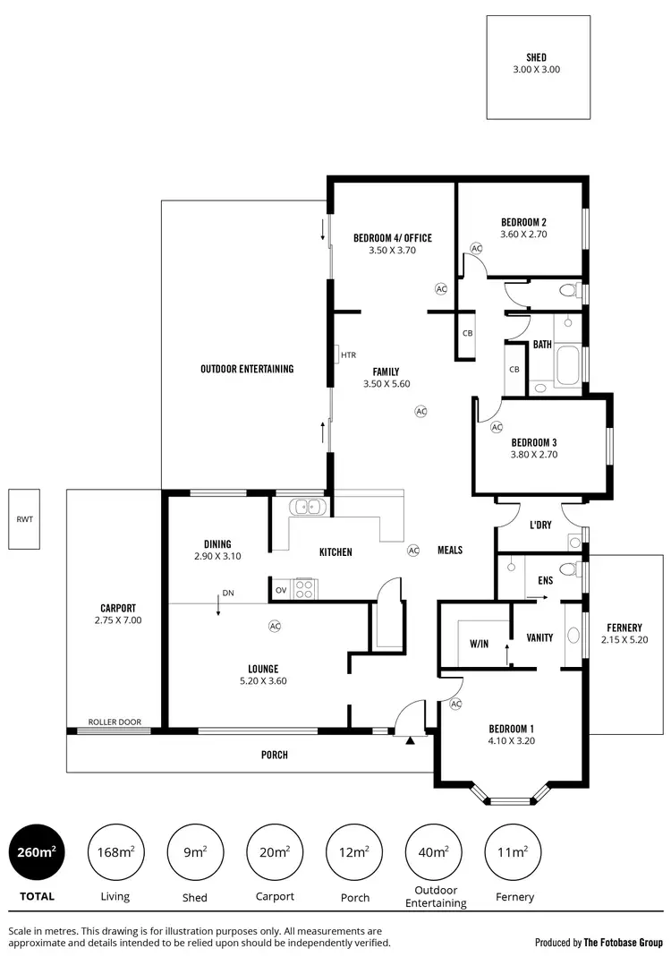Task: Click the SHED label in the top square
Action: click(537, 57)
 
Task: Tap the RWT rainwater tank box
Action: click(22, 519)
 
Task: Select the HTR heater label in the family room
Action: click(348, 355)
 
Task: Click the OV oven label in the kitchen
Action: click(280, 590)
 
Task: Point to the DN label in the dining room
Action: click(228, 593)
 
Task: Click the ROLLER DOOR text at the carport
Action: click(115, 722)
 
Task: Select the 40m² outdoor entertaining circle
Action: click(434, 851)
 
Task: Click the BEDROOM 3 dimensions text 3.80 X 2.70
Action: click(534, 455)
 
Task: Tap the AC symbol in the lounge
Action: click(275, 627)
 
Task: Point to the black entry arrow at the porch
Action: click(410, 740)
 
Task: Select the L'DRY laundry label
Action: click(539, 525)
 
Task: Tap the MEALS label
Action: click(450, 550)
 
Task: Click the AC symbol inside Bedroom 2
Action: click(476, 248)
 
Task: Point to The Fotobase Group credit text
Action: click(623, 942)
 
